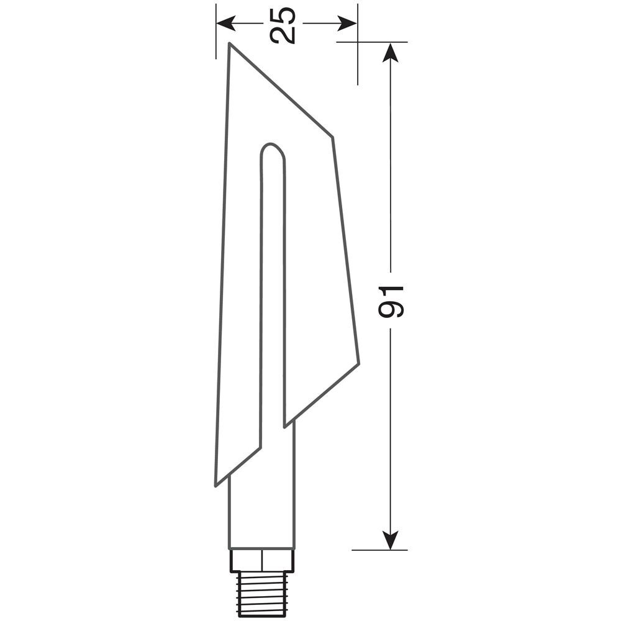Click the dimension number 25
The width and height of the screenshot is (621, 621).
coord(283,24)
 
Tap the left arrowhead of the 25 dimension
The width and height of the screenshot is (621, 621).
coord(224,24)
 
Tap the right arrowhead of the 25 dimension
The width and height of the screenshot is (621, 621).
coord(349,24)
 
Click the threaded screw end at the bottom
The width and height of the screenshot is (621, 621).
coord(262,589)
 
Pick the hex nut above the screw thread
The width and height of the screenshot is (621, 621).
coord(262,560)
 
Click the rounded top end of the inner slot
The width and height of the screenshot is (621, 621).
coord(272,149)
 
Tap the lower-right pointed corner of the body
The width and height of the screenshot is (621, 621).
coord(358,363)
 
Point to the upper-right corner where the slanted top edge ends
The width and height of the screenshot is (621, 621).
coord(332,137)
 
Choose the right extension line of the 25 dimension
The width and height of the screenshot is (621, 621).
coord(358,62)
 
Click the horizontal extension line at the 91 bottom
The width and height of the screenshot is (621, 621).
coord(379,550)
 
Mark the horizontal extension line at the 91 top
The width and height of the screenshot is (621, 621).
coord(373,42)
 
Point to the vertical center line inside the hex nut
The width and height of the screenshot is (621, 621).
coord(262,560)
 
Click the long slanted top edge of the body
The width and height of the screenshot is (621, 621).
coord(281,91)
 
